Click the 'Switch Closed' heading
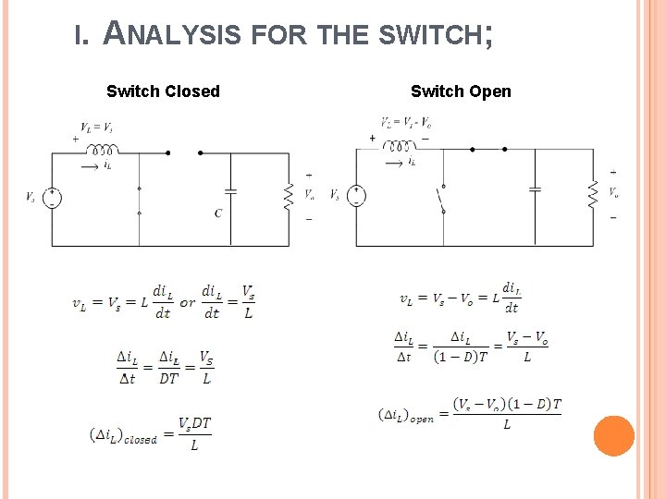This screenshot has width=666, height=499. pyautogui.click(x=163, y=91)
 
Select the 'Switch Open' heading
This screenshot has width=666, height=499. pyautogui.click(x=461, y=91)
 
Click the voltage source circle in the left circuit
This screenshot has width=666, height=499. pyautogui.click(x=53, y=197)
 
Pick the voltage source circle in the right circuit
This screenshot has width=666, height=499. pyautogui.click(x=357, y=195)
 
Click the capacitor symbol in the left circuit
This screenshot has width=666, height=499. pyautogui.click(x=230, y=191)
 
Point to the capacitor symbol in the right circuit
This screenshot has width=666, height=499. pyautogui.click(x=534, y=189)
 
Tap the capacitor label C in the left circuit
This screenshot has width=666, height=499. pyautogui.click(x=218, y=213)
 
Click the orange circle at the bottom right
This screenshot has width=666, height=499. pyautogui.click(x=613, y=436)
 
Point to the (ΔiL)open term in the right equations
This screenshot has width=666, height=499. pyautogui.click(x=406, y=415)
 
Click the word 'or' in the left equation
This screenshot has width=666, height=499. pyautogui.click(x=188, y=302)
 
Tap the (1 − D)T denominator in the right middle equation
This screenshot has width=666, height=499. pyautogui.click(x=460, y=358)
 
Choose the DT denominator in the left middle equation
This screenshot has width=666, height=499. pyautogui.click(x=167, y=378)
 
